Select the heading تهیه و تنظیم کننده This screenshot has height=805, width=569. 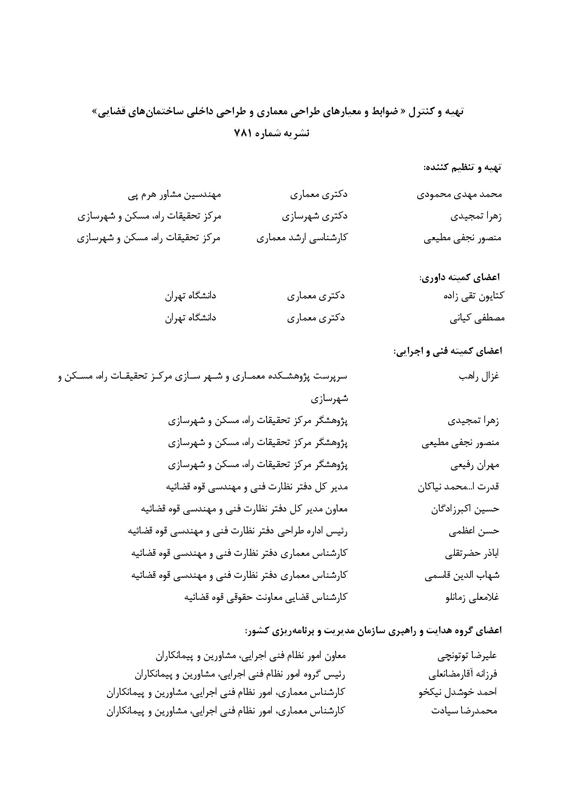click(x=462, y=168)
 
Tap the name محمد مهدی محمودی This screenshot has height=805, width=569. click(x=459, y=194)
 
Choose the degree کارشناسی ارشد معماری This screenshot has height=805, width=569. click(x=302, y=238)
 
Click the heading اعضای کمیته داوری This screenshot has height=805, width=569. click(x=460, y=277)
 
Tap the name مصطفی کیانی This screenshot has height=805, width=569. click(x=477, y=318)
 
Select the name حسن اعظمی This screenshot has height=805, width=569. click(x=474, y=531)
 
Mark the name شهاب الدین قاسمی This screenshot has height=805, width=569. click(x=462, y=575)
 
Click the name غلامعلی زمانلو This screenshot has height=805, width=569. click(x=472, y=597)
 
